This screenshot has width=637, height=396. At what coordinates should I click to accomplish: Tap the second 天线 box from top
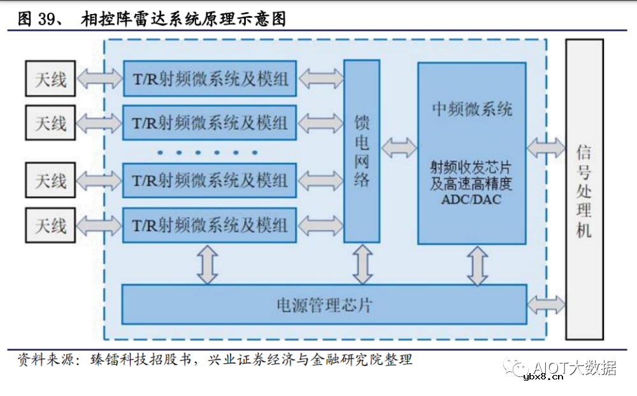(x=50, y=122)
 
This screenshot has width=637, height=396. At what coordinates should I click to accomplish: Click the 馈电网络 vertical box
(x=362, y=151)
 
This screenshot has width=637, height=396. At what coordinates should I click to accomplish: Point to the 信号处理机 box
(x=584, y=189)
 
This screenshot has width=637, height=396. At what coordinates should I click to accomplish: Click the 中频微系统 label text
(x=471, y=109)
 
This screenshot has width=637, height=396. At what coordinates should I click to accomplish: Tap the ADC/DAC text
(x=471, y=199)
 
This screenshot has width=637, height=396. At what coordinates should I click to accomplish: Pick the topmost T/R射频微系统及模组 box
(x=210, y=78)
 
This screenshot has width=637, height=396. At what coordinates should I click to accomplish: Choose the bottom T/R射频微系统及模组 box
(x=210, y=225)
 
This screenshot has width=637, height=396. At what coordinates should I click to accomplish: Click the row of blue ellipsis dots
(x=208, y=152)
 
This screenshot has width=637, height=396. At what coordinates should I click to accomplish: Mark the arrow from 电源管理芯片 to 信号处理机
(x=547, y=304)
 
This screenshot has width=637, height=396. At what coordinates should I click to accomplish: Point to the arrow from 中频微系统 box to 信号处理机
(x=546, y=148)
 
